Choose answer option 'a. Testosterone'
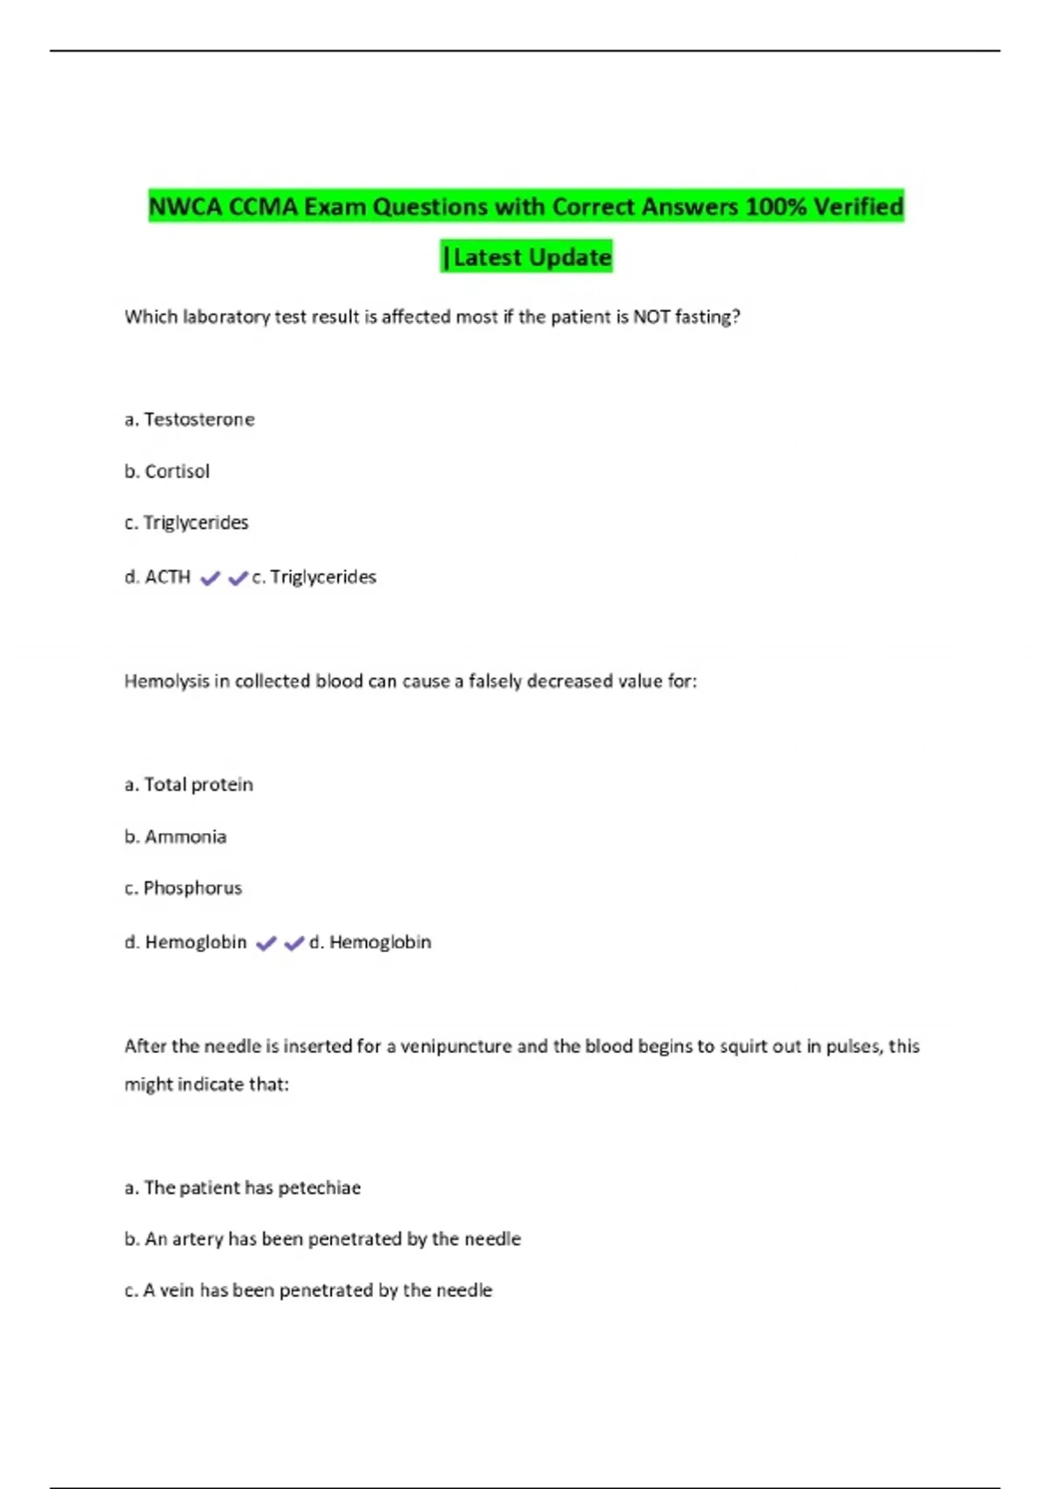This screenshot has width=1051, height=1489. coord(189,420)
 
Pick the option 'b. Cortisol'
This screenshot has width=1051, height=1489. coord(167,471)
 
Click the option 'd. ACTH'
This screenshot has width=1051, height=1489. coord(158,577)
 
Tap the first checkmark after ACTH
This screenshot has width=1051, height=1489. coord(210,578)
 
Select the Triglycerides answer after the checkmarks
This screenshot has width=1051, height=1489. coord(314,577)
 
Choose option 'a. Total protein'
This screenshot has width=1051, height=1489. coord(188,785)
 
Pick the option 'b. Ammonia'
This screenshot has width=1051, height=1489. coord(175,836)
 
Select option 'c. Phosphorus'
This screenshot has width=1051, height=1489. coord(183,888)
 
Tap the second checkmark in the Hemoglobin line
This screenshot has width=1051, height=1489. coord(294,943)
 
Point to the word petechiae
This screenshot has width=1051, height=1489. coord(319,1188)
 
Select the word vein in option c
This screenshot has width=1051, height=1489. coord(177,1290)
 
